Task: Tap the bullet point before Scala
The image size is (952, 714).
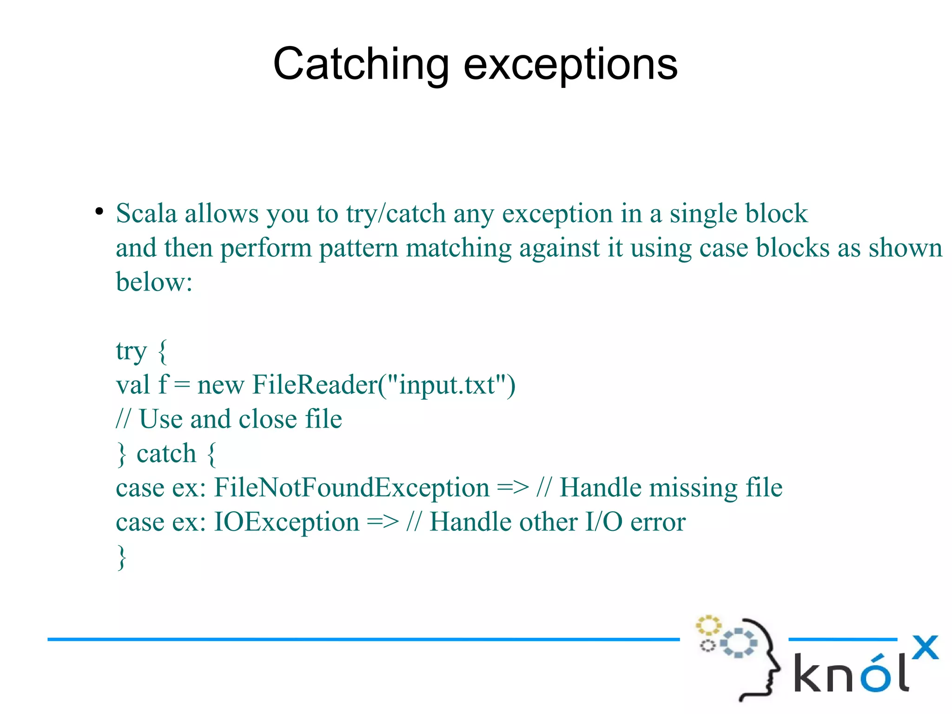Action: click(99, 212)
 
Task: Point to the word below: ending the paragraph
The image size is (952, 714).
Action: click(154, 282)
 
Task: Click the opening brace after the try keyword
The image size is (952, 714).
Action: click(162, 352)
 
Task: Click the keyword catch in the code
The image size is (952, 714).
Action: click(166, 454)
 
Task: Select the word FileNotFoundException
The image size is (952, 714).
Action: click(351, 488)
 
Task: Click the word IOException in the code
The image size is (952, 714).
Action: click(286, 522)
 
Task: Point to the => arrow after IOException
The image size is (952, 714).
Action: click(383, 522)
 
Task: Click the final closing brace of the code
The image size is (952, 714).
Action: click(121, 557)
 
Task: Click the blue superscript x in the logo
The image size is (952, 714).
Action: click(925, 647)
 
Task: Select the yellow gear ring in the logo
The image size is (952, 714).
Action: click(707, 625)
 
